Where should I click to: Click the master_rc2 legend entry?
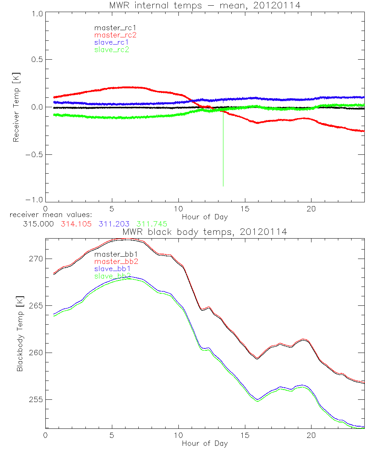115,35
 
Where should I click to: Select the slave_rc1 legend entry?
112,42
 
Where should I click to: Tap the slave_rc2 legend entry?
112,49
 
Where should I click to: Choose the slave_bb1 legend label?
113,269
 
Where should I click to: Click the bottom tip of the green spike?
223,186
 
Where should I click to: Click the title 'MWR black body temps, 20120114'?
204,232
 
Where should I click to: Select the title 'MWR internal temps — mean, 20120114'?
204,5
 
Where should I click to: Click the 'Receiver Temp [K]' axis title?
16,107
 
